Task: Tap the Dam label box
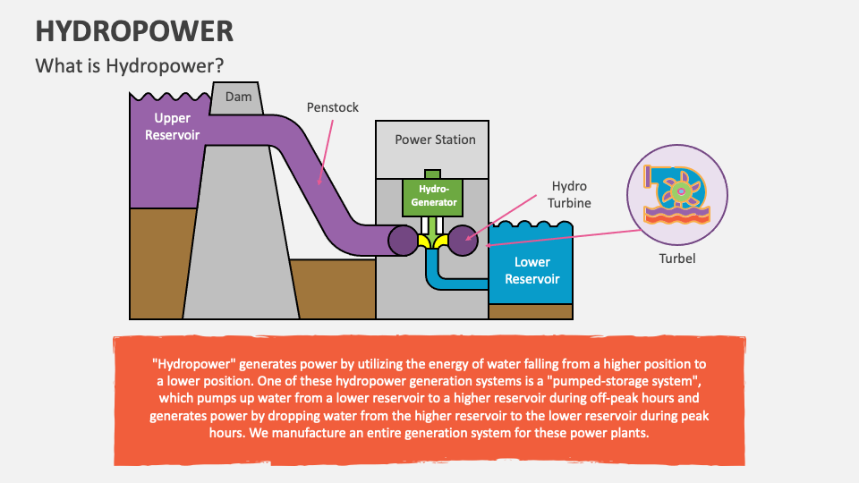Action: (238, 97)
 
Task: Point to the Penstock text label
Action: (332, 107)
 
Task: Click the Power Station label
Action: (435, 140)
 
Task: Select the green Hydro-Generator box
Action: (432, 196)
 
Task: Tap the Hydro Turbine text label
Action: (569, 194)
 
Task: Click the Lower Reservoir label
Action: (532, 270)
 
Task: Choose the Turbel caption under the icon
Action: (676, 259)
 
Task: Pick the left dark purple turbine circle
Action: (402, 239)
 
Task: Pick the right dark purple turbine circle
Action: (464, 240)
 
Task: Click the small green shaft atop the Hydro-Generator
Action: (432, 174)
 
